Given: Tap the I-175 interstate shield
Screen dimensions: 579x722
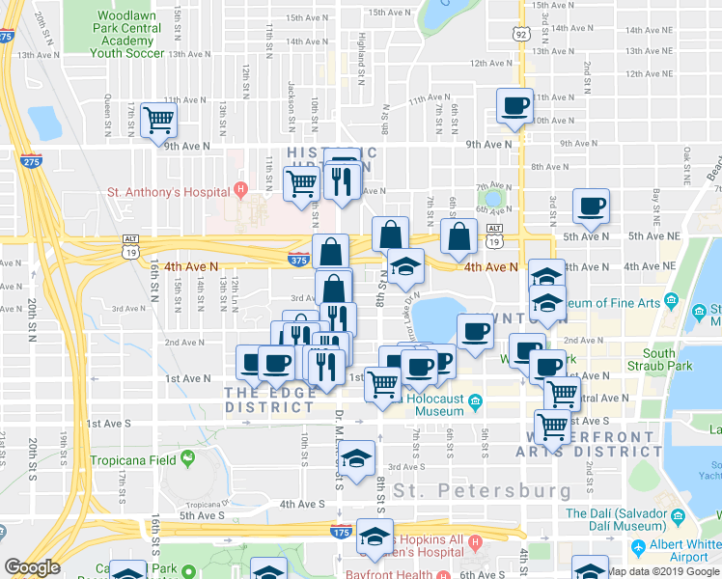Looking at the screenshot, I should tap(340, 532).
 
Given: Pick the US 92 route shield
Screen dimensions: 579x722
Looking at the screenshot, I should tap(521, 34).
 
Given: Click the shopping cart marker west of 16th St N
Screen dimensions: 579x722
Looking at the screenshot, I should tap(157, 122).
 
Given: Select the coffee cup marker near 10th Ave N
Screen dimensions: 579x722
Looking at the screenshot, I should tap(514, 106).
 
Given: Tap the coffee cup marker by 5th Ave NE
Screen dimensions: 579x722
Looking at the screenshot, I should tap(590, 205).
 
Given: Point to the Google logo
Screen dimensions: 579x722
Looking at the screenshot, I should tap(32, 567).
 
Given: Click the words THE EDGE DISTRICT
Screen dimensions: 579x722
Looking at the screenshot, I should tap(269, 400).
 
